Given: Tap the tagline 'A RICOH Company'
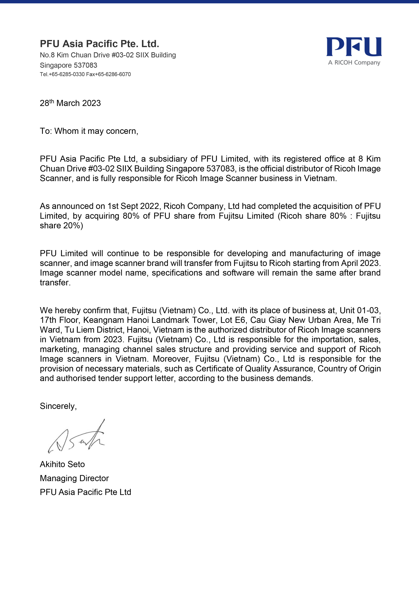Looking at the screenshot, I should coord(354,63).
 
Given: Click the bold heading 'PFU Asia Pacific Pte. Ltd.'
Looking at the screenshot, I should coord(99,44).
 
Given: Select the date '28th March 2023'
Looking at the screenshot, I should coord(70,103).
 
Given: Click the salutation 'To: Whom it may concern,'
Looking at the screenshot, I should coord(89,131).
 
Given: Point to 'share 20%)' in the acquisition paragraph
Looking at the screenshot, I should coord(61,226).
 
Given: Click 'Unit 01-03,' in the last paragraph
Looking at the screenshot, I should coord(360,310).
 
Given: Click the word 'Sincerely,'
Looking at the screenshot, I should coord(58,406).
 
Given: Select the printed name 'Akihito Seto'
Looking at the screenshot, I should coord(62,464).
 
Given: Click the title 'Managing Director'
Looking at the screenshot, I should coord(74,478).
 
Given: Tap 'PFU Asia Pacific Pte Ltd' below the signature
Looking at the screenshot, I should coord(85,492).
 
